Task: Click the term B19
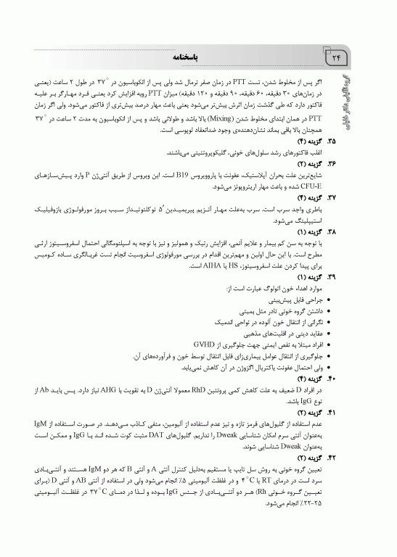point(217,176)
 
